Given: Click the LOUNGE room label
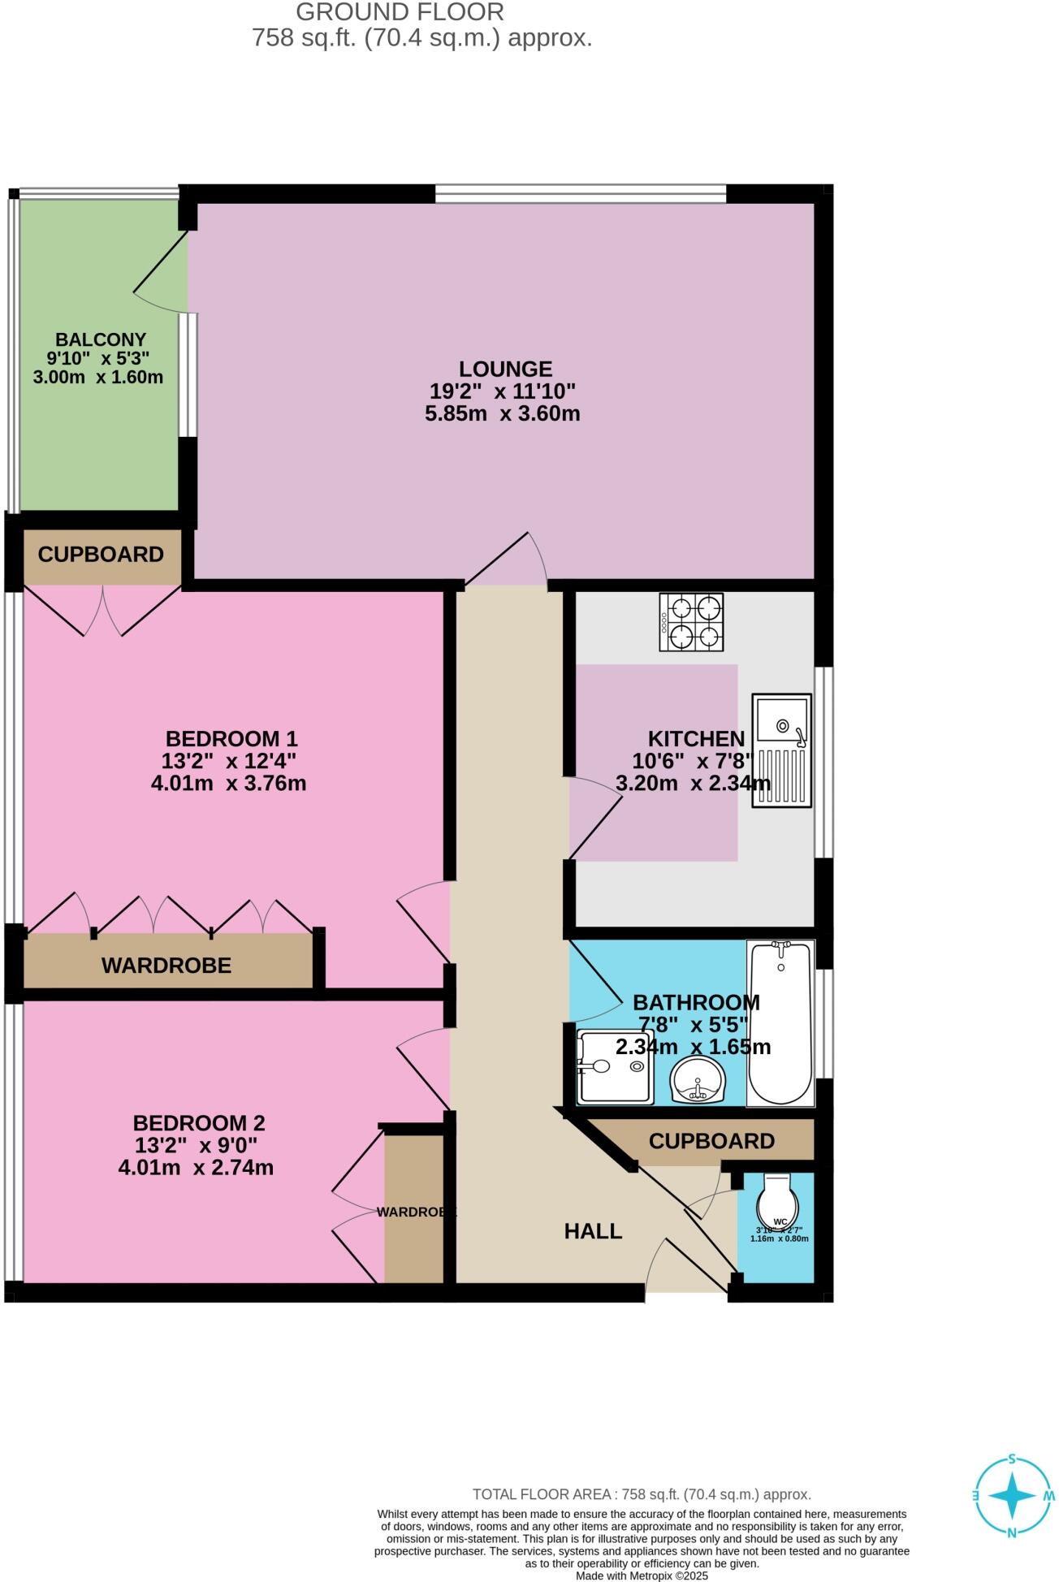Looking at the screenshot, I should point(505,369).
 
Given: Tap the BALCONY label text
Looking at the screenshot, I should point(101,339).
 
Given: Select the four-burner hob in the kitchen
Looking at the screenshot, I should point(691,622).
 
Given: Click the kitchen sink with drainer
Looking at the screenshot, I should point(781,750).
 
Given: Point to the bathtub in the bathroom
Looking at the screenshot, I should point(780,1022).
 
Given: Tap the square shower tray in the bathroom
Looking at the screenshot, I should point(615,1066).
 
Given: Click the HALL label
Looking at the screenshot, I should point(593,1231).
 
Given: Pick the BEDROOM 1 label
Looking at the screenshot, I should point(231,738).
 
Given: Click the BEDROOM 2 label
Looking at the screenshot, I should point(199,1123).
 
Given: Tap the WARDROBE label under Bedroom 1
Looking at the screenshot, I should point(166,966).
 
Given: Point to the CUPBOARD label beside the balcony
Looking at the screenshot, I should point(101,555).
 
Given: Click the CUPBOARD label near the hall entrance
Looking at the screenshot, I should point(711,1141).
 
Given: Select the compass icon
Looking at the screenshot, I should point(1013,1495).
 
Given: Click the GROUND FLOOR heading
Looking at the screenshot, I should point(400,12).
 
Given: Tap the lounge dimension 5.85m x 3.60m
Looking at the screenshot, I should point(503,413).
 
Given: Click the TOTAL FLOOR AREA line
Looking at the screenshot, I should point(642,1494).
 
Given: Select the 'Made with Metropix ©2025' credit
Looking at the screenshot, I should point(642,1576).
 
